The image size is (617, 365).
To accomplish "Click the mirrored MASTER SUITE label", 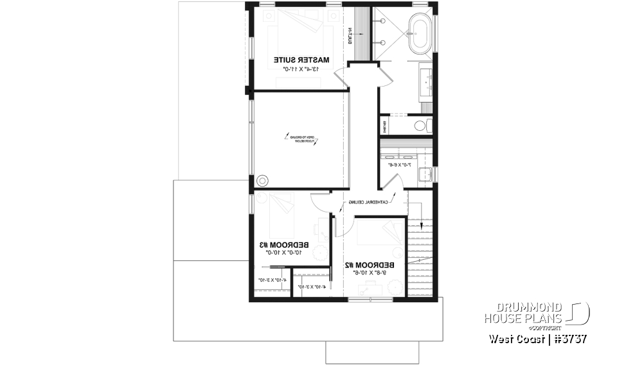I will click(301, 60).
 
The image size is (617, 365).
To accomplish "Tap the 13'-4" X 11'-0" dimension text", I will click(301, 68).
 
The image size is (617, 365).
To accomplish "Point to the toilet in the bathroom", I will click(422, 124).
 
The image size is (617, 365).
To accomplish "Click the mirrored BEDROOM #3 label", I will click(283, 244).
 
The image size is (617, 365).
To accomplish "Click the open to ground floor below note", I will click(301, 140).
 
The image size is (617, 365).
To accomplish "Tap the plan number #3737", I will click(569, 338).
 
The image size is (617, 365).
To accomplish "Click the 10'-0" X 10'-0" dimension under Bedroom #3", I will click(283, 253).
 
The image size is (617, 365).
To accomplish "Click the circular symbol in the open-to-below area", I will click(262, 180).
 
